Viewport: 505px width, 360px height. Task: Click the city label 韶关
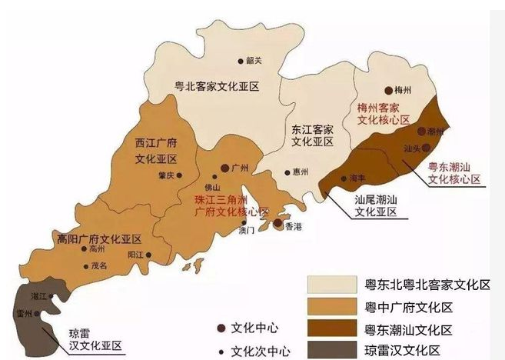pyautogui.click(x=254, y=60)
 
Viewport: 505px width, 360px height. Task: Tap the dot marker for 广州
pyautogui.click(x=225, y=168)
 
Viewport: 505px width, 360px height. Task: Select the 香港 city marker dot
pyautogui.click(x=277, y=223)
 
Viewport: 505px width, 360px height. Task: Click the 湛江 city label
pyautogui.click(x=38, y=295)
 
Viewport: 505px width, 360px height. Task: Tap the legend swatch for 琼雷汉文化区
pyautogui.click(x=334, y=351)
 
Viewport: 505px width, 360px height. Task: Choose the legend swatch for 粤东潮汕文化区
pyautogui.click(x=334, y=329)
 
